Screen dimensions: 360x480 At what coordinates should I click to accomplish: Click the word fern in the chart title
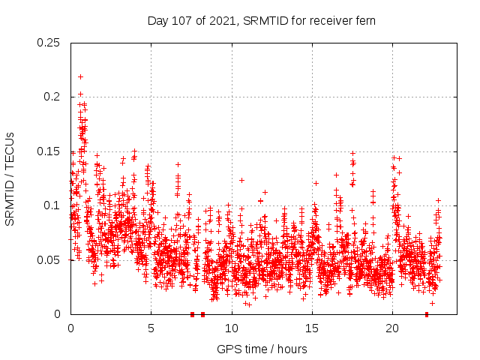364,20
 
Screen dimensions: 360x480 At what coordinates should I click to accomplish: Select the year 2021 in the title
221,20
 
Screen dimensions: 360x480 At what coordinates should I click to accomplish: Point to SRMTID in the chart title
268,20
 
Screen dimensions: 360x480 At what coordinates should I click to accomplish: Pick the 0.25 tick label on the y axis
49,43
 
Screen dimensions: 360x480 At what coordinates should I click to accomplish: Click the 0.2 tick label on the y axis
52,97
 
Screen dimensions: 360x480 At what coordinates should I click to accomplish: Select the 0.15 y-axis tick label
49,151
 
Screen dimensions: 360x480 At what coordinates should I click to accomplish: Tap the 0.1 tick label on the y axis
52,205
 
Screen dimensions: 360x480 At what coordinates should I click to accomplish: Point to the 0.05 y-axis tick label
49,260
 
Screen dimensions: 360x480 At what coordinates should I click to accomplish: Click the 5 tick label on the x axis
151,328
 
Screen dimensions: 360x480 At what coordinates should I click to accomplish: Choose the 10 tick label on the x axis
232,328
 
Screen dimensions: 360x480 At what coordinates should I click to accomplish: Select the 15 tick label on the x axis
312,328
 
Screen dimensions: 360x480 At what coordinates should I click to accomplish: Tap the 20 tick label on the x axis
392,328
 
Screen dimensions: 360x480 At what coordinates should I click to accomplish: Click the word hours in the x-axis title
292,349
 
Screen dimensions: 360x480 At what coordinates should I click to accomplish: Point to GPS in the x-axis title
228,349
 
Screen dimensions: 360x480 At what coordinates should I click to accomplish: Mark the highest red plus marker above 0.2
80,76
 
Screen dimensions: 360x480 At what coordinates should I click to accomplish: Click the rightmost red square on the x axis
427,314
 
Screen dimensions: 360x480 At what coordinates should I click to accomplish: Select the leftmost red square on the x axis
193,314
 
